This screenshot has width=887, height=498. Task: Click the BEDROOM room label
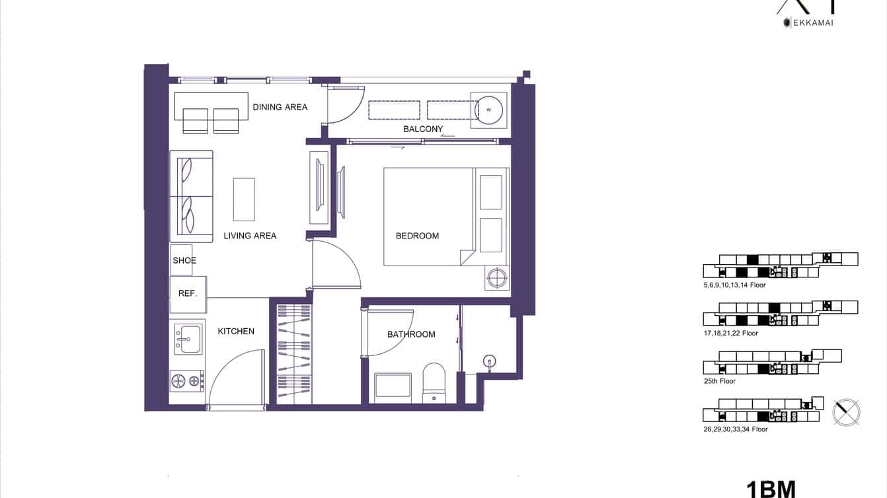417,236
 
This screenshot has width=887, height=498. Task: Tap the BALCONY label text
423,129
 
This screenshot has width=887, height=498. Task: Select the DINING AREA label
280,107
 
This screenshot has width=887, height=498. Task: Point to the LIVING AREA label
250,236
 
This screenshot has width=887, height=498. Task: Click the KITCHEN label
236,332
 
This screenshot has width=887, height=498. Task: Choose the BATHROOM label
411,334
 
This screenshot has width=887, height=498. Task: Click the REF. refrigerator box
188,294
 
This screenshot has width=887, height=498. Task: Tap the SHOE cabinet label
184,260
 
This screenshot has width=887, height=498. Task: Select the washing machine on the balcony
488,110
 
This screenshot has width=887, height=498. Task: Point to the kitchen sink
188,338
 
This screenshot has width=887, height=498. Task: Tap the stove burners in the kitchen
186,380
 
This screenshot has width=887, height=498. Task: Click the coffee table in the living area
244,199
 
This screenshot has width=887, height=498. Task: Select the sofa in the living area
191,196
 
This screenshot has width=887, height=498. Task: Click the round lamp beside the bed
497,277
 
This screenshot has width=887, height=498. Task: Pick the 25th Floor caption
720,381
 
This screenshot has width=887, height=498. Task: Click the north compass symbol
846,412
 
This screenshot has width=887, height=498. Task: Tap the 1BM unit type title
771,489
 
